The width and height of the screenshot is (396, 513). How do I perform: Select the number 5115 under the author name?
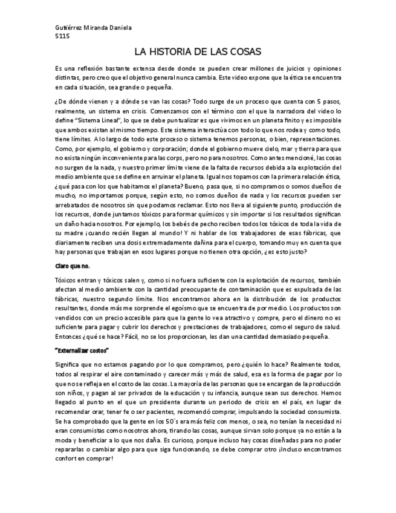coord(62,36)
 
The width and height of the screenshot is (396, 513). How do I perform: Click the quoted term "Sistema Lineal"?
coord(97,121)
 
